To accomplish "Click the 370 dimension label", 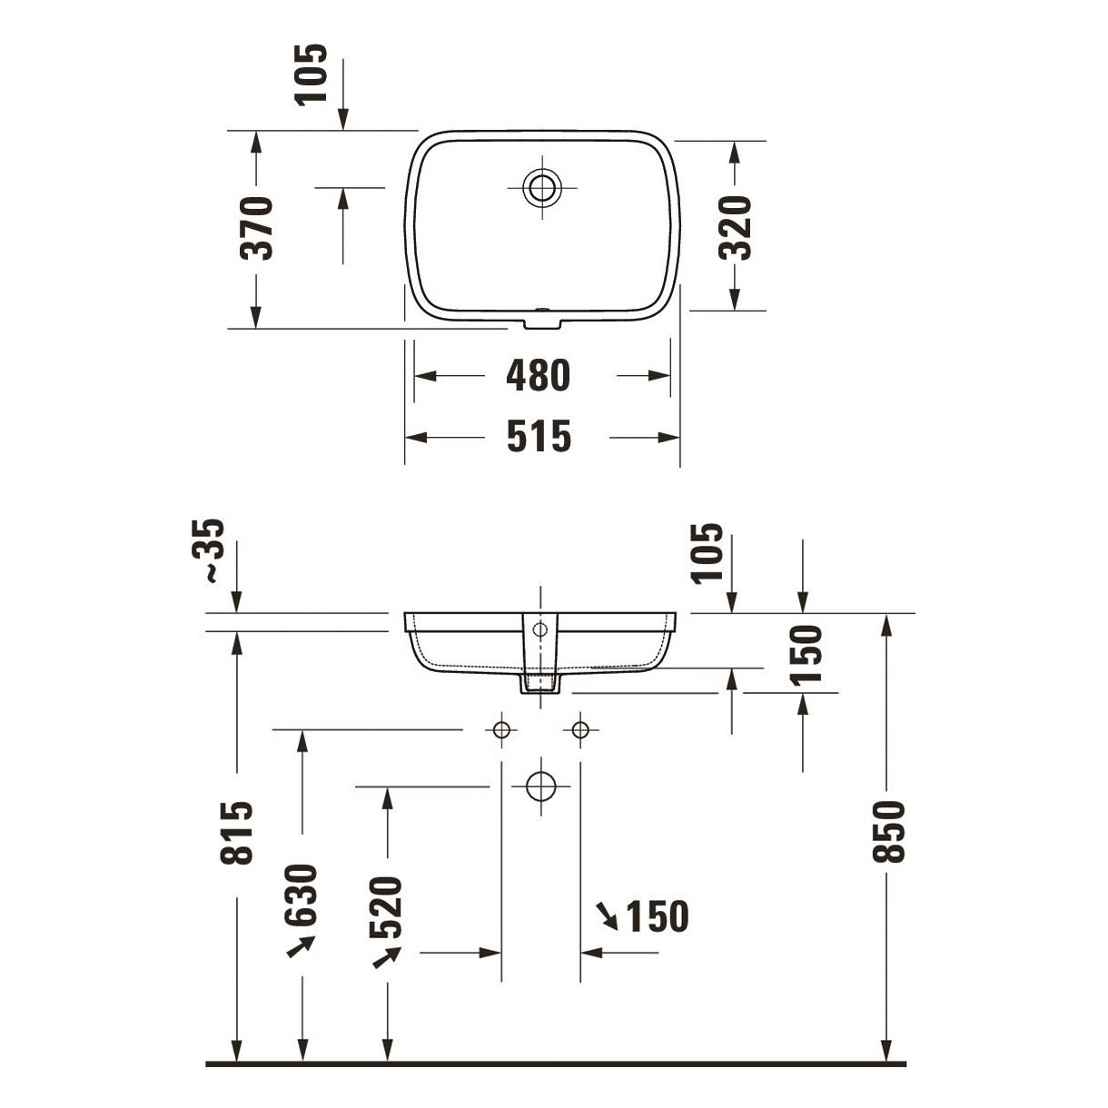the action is tap(256, 228).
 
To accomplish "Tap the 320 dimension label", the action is tap(735, 228).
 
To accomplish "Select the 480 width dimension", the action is tap(539, 375).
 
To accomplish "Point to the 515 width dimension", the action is tap(539, 437).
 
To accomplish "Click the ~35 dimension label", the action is tap(208, 551).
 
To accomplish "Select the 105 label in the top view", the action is tap(312, 74).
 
